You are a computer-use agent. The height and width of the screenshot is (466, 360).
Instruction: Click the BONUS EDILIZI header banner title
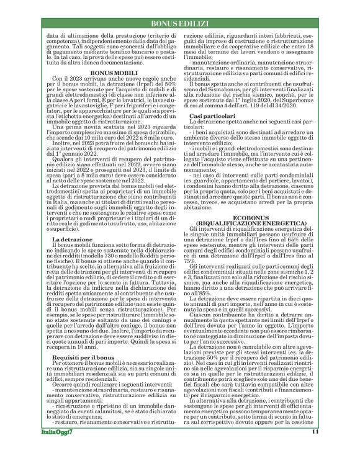pyautogui.click(x=179, y=23)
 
